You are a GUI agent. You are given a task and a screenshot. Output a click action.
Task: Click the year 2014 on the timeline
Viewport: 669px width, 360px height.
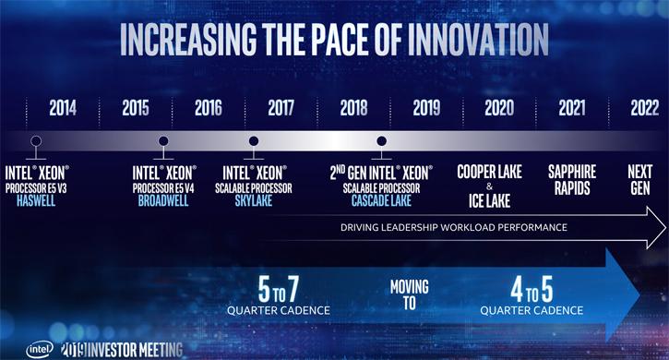pos(63,107)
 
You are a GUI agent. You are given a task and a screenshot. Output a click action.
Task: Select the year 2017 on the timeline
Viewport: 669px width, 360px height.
pos(281,107)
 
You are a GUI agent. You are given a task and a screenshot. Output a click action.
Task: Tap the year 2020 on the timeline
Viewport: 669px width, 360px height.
pos(498,107)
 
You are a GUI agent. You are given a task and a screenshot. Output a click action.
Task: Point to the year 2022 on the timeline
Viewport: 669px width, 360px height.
pos(644,107)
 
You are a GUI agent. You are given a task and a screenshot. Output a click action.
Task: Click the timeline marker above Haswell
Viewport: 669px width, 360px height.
pos(36,141)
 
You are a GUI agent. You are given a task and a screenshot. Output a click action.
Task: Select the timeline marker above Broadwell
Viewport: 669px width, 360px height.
pos(163,141)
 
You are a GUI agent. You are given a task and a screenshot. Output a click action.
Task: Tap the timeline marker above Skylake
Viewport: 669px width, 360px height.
pos(253,141)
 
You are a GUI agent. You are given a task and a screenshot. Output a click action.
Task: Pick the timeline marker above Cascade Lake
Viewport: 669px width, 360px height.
pos(380,141)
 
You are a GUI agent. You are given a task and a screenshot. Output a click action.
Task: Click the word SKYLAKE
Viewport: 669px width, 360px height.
pos(254,198)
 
